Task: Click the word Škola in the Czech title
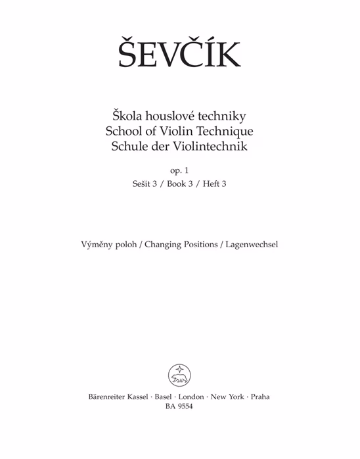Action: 120,116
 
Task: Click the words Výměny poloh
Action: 107,245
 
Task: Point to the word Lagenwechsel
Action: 252,245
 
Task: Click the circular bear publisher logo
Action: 179,375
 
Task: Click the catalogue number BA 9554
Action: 179,408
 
